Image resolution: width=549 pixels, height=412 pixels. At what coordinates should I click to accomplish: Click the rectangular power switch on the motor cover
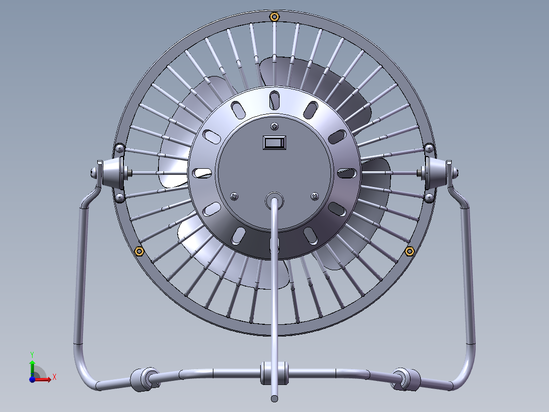coord(274,142)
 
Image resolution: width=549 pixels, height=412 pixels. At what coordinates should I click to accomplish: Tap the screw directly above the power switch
coord(275,126)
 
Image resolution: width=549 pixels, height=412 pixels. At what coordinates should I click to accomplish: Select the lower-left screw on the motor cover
coord(234,195)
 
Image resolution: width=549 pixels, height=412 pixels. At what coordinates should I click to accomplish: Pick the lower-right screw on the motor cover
coord(315,195)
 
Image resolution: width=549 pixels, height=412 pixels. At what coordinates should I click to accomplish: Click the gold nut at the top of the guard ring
coord(274,17)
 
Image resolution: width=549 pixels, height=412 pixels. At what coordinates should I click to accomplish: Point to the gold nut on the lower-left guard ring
coord(139,251)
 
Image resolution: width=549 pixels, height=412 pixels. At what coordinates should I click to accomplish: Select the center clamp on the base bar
coord(274,373)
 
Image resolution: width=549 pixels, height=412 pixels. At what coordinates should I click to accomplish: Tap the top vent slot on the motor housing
coord(274,99)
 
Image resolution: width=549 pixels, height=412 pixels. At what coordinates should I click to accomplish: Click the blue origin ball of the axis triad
coord(32,380)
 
